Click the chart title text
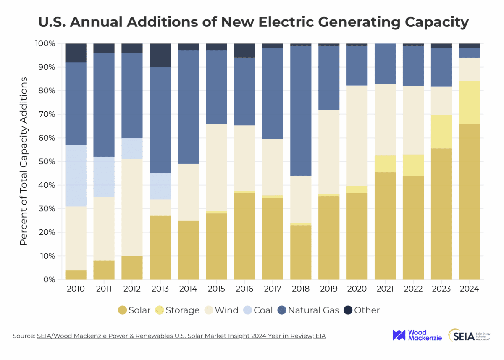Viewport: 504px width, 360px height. [x=253, y=22]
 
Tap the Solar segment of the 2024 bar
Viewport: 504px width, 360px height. [x=469, y=202]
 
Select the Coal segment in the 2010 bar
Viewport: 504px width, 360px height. [x=76, y=176]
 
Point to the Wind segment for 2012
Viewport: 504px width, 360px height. [x=132, y=208]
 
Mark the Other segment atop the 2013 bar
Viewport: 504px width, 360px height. [x=160, y=55]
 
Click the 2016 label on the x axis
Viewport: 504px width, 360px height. [x=244, y=289]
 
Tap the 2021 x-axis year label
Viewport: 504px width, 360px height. [x=385, y=289]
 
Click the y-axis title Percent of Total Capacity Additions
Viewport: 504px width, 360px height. [x=24, y=161]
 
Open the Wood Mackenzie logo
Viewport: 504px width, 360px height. [x=417, y=335]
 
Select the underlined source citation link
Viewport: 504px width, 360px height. [x=181, y=336]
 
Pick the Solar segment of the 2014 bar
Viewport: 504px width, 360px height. [x=188, y=250]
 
